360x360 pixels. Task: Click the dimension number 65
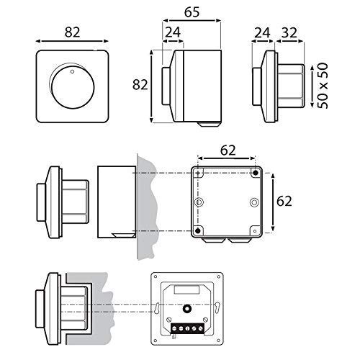click(192, 12)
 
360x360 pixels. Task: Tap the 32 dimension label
click(289, 32)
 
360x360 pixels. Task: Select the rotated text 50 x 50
click(323, 86)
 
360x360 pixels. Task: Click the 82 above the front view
click(72, 32)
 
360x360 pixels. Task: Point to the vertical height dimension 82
click(140, 85)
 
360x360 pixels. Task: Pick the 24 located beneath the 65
click(173, 32)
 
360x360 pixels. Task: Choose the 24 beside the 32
click(262, 32)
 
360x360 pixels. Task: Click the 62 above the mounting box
click(228, 150)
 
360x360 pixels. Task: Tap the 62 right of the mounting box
click(284, 202)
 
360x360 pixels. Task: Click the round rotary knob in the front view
click(73, 87)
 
